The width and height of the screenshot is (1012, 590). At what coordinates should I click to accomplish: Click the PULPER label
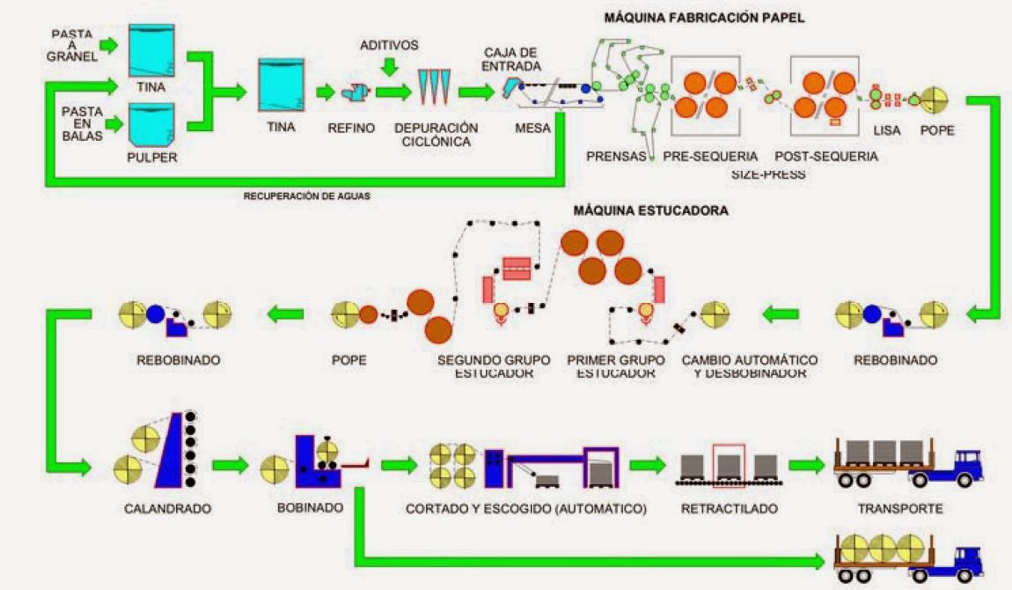(151, 157)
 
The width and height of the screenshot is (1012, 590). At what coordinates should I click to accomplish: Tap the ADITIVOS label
(389, 45)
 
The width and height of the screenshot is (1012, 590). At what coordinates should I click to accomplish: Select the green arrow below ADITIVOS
(389, 67)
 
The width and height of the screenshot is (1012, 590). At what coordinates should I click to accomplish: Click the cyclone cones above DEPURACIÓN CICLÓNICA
(434, 86)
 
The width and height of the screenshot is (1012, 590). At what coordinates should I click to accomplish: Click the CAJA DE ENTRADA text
(510, 59)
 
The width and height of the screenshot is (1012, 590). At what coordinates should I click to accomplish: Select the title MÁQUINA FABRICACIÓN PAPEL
(704, 18)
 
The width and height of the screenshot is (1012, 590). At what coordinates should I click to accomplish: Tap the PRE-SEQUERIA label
(710, 156)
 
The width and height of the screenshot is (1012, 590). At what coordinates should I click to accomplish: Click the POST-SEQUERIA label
(826, 156)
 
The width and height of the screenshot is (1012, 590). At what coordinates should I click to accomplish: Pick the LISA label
(887, 130)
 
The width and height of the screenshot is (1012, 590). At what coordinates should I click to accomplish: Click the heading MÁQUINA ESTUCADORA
(650, 210)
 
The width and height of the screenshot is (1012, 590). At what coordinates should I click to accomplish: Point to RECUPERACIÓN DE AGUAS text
(306, 195)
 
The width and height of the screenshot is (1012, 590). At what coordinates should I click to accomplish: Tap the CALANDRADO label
(168, 509)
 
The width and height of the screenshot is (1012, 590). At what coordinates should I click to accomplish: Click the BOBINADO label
(310, 508)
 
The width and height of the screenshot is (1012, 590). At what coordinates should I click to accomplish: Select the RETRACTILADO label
(730, 509)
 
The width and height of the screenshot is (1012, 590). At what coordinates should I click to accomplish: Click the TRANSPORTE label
(900, 509)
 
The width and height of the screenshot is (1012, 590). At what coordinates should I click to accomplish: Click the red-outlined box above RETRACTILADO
(729, 462)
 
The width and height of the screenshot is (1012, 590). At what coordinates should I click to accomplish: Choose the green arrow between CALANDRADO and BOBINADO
(231, 465)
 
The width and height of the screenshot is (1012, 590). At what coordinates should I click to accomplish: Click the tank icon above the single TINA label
(282, 85)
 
